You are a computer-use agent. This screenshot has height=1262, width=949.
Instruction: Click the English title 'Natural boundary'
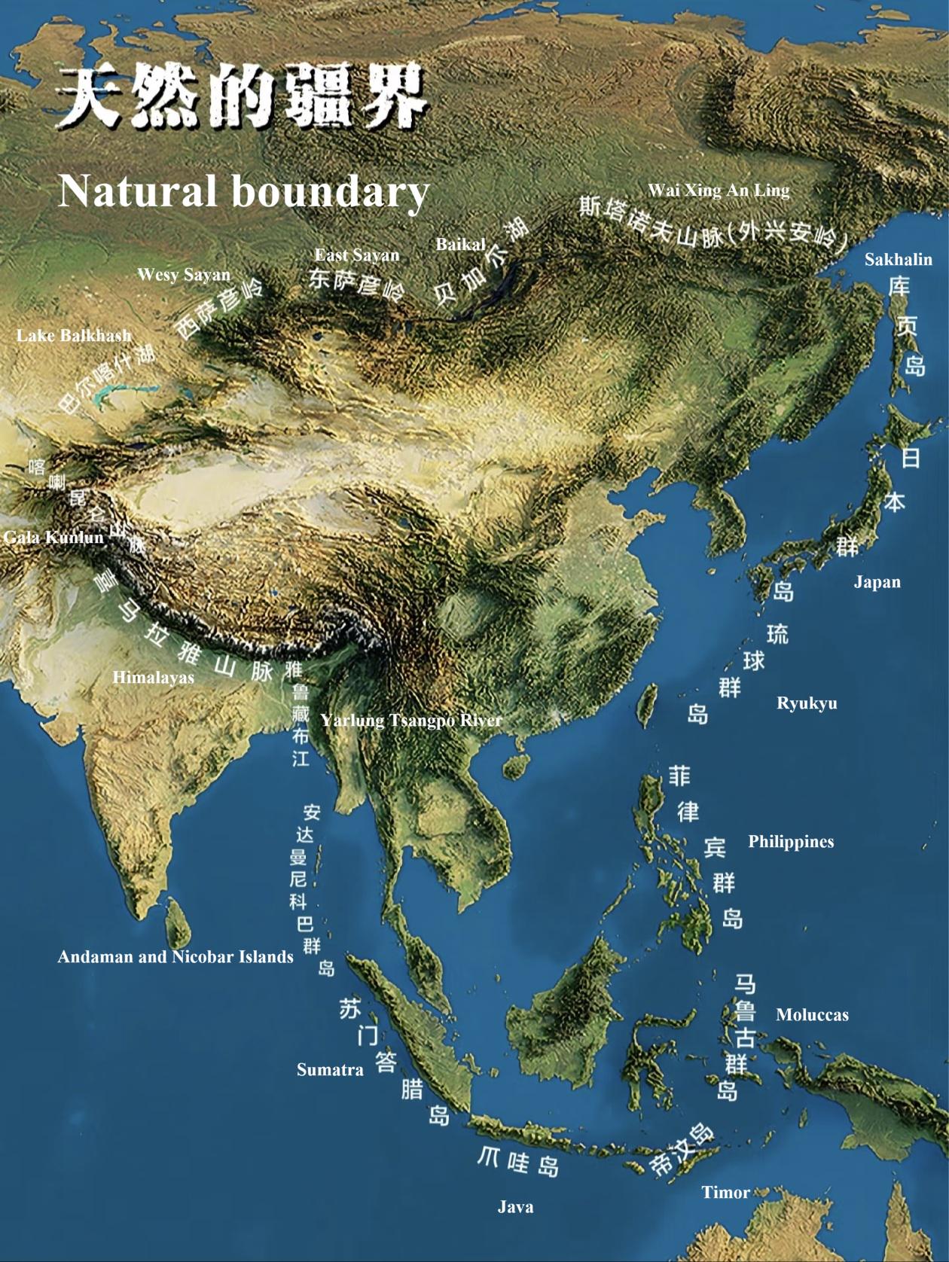pyautogui.click(x=243, y=191)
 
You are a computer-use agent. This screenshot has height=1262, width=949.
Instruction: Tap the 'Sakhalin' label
pyautogui.click(x=898, y=260)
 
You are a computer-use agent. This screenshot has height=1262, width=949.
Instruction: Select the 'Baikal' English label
pyautogui.click(x=460, y=244)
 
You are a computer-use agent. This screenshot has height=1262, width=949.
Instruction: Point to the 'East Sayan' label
pyautogui.click(x=356, y=255)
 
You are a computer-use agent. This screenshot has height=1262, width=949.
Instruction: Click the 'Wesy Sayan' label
pyautogui.click(x=184, y=275)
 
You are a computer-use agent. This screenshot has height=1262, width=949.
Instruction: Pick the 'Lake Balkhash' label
pyautogui.click(x=74, y=336)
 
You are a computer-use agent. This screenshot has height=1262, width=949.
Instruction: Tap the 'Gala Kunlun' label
pyautogui.click(x=53, y=537)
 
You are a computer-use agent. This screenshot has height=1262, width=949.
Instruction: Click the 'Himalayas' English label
pyautogui.click(x=153, y=678)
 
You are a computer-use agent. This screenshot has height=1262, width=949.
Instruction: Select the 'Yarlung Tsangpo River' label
pyautogui.click(x=411, y=721)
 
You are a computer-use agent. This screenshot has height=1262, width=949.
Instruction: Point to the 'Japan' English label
pyautogui.click(x=877, y=582)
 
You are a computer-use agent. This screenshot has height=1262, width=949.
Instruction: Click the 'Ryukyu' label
pyautogui.click(x=807, y=704)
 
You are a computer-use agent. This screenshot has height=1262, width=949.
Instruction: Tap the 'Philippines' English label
pyautogui.click(x=791, y=842)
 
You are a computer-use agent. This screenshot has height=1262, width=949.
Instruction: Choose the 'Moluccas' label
pyautogui.click(x=812, y=1015)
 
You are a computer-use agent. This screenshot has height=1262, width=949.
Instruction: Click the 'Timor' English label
pyautogui.click(x=725, y=1193)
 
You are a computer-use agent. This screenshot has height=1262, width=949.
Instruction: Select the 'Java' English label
pyautogui.click(x=515, y=1208)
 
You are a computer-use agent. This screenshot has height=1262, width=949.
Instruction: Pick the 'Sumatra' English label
pyautogui.click(x=330, y=1070)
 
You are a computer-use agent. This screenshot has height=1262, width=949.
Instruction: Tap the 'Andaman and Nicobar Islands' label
pyautogui.click(x=175, y=957)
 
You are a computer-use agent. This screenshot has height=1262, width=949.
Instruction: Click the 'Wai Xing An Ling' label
pyautogui.click(x=719, y=190)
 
